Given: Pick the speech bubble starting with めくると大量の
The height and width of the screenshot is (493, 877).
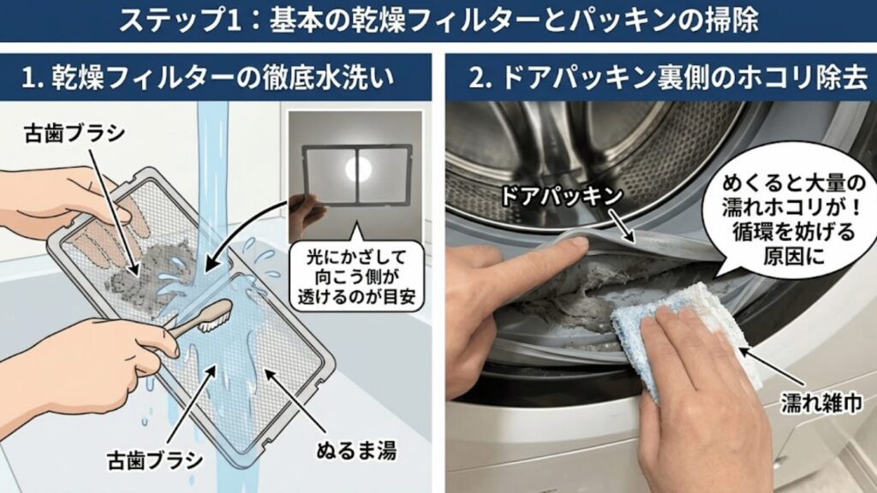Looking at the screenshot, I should pyautogui.click(x=785, y=218).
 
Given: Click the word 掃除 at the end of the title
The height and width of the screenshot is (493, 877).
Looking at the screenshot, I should pyautogui.click(x=734, y=19).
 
